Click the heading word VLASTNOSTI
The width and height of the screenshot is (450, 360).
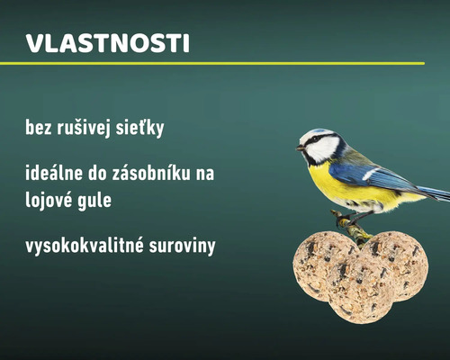pyautogui.click(x=107, y=44)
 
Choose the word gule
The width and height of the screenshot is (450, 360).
pyautogui.click(x=98, y=200)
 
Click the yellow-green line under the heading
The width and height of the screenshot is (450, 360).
pyautogui.click(x=211, y=64)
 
